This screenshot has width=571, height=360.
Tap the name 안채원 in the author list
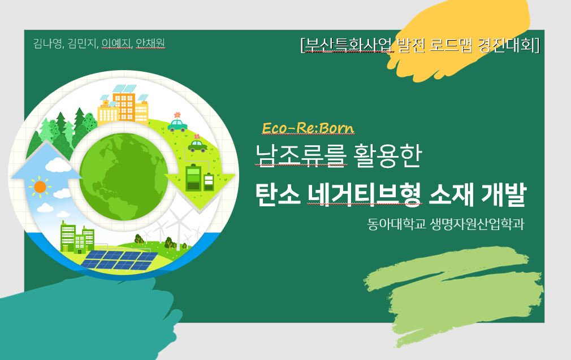coord(150,44)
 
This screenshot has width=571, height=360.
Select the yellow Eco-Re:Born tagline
coord(308,128)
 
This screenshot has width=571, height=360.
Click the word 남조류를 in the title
coord(301,155)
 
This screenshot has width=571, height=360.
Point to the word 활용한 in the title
coord(387,155)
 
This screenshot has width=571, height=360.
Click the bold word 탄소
coord(278,195)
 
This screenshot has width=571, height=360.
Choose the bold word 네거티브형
coord(364,195)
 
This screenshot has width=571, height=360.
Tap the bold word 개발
coord(504,195)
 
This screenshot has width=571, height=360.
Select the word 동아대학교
coord(396,224)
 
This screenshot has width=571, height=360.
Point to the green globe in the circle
coord(124,177)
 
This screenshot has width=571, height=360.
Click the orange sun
coord(40,186)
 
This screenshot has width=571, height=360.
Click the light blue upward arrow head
coord(46,160)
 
